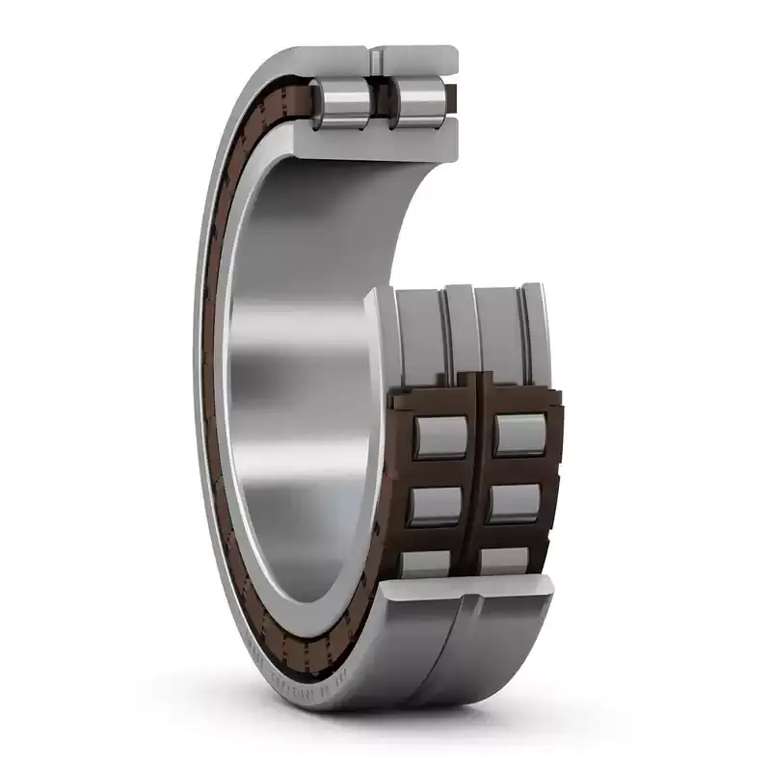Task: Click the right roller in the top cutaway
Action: pyautogui.click(x=414, y=103)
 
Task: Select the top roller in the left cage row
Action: pyautogui.click(x=439, y=436)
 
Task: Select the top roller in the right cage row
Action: pyautogui.click(x=521, y=435)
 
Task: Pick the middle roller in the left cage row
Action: pyautogui.click(x=439, y=504)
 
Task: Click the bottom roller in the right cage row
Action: pyautogui.click(x=507, y=561)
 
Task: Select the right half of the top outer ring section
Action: pyautogui.click(x=419, y=58)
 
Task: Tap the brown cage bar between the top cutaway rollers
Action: pyautogui.click(x=379, y=103)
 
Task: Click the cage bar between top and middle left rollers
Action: pyautogui.click(x=439, y=471)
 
